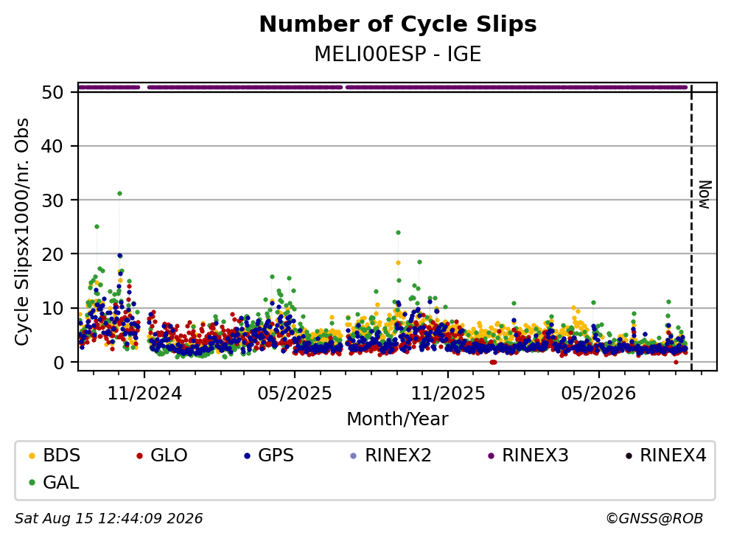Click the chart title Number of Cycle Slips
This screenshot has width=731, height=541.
click(x=398, y=24)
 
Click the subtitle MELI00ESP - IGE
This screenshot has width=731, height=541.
click(x=398, y=55)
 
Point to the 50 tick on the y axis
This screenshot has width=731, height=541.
click(x=52, y=92)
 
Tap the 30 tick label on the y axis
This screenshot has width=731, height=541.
click(x=52, y=200)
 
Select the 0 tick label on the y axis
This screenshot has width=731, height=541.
click(x=58, y=362)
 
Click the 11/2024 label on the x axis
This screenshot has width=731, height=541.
click(x=144, y=394)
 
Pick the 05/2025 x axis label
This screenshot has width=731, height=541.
click(x=295, y=394)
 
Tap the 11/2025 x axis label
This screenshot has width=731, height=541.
click(x=447, y=394)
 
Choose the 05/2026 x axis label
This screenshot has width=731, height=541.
click(x=598, y=394)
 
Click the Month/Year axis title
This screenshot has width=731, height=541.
click(x=398, y=419)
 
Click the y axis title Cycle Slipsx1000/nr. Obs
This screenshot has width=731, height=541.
click(x=22, y=231)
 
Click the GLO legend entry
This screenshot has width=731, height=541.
click(x=162, y=456)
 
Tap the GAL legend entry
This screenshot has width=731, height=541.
click(x=54, y=482)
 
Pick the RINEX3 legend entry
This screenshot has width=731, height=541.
click(x=528, y=456)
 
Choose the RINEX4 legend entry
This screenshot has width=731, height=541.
click(x=665, y=456)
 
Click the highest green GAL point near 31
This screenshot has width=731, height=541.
click(x=120, y=194)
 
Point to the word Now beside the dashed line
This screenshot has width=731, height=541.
click(x=705, y=195)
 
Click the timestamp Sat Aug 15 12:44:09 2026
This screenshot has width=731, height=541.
click(x=109, y=519)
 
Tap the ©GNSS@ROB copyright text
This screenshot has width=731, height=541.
click(x=654, y=519)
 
